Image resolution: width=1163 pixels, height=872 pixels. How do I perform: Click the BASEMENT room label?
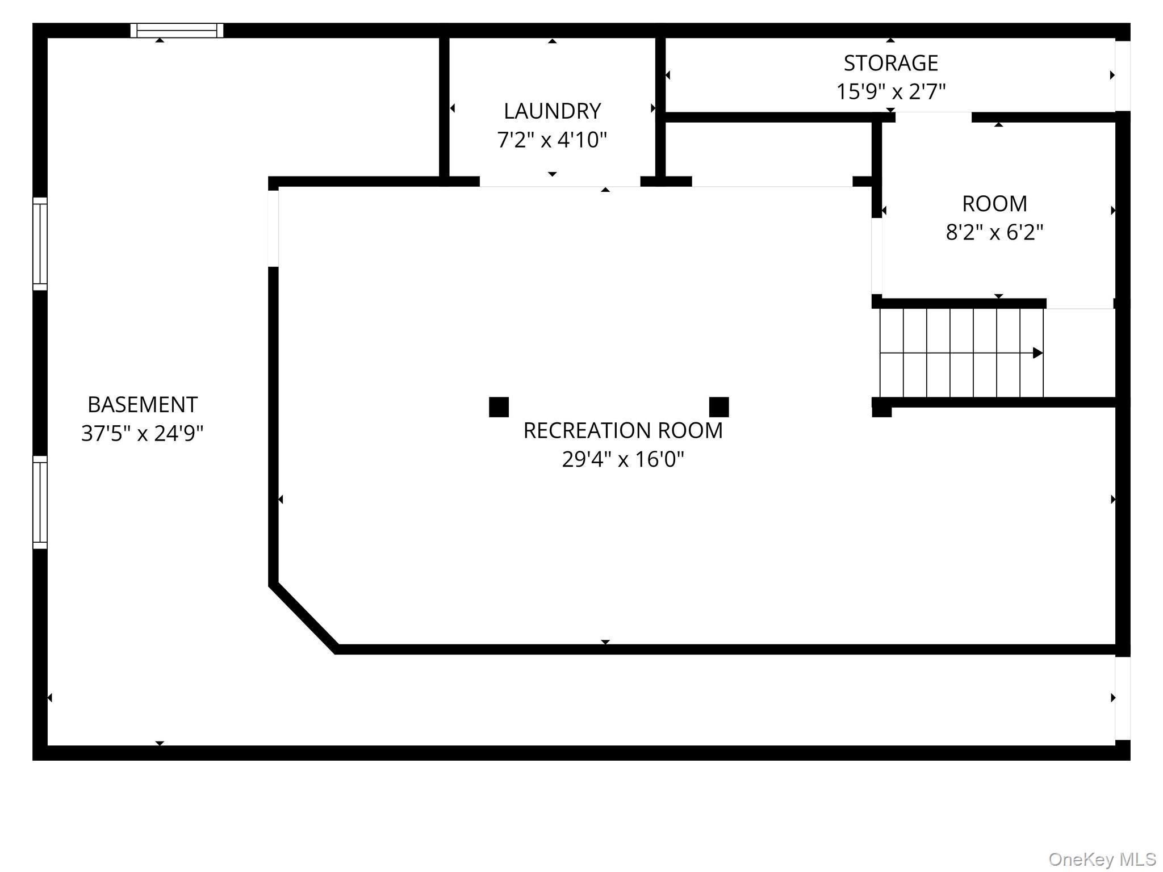point(143,405)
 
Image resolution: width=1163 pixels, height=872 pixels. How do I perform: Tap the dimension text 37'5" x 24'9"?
point(143,433)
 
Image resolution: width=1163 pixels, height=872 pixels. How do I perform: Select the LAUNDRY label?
point(552,111)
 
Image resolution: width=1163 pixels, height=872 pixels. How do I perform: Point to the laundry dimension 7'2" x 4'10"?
point(552,140)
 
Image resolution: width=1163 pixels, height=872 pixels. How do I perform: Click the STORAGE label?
point(890,63)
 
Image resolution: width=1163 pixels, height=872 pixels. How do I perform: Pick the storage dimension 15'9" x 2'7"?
point(890,91)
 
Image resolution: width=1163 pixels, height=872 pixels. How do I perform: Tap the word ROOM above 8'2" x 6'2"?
point(994,203)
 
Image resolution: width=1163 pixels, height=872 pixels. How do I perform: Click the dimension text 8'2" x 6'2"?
point(994,232)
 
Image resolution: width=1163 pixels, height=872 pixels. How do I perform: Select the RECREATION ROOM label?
point(623,430)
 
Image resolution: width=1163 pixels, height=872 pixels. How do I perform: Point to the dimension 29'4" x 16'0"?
point(623,459)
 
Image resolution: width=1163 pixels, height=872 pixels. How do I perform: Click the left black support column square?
point(499,407)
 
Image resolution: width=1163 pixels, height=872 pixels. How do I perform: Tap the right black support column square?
point(719,407)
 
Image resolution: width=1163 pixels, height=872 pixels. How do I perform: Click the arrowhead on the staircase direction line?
point(1038,353)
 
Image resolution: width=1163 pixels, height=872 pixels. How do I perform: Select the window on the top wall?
point(177,31)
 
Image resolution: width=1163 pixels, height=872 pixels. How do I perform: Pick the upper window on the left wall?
point(40,244)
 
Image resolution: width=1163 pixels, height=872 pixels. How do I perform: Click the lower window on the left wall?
point(40,502)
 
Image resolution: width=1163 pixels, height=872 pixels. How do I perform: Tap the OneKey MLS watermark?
point(1102,859)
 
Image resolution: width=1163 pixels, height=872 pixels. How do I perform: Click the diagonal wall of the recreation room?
point(304,617)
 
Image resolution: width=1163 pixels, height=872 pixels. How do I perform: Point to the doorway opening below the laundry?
point(560,182)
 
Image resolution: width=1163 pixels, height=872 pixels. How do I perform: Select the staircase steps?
point(961,353)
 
